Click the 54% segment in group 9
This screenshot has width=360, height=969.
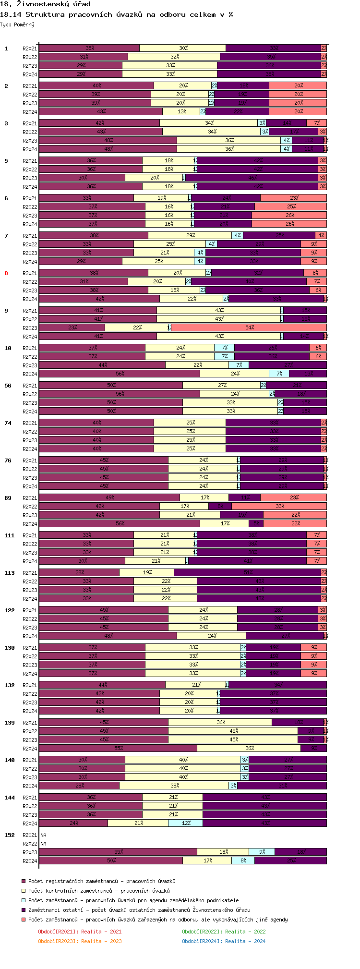click(x=249, y=327)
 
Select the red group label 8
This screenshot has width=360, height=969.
click(x=6, y=273)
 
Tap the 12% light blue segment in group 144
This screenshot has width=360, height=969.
click(x=186, y=823)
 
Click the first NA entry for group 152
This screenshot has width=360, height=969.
click(x=44, y=835)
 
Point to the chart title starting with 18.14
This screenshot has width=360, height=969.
click(x=117, y=14)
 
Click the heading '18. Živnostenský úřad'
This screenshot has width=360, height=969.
click(x=45, y=4)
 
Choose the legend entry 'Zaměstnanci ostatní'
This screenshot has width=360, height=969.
click(x=139, y=910)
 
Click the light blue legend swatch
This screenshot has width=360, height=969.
click(x=23, y=900)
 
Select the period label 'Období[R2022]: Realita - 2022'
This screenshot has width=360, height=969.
click(x=224, y=932)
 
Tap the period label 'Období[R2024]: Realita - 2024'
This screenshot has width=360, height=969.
click(x=224, y=941)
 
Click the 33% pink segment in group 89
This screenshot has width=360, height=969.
click(x=279, y=506)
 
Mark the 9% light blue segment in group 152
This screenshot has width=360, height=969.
click(x=262, y=852)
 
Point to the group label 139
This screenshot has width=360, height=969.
click(x=10, y=723)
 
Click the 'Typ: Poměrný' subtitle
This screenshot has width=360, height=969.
click(x=17, y=24)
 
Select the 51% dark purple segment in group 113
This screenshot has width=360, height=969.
click(x=248, y=572)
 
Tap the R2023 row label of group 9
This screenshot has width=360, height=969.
click(x=30, y=328)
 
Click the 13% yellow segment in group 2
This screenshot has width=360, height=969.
click(x=181, y=111)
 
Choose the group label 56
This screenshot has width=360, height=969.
click(x=8, y=386)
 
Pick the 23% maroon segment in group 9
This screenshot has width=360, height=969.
click(x=72, y=327)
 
